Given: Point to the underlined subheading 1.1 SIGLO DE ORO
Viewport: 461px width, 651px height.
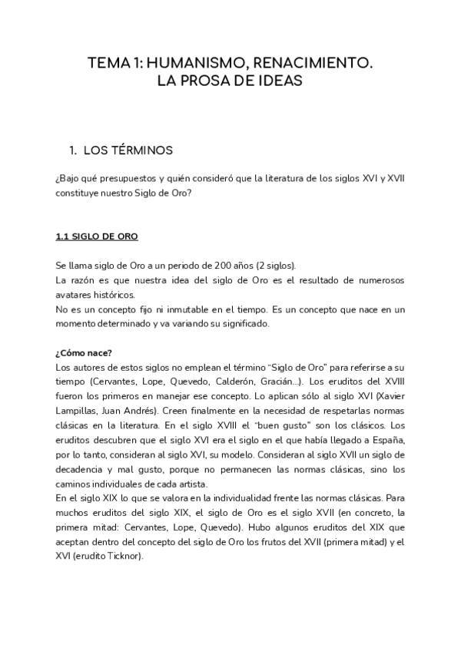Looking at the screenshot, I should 96,236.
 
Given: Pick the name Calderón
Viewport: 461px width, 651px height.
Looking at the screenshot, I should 237,382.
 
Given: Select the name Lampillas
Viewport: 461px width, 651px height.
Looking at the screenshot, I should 77,410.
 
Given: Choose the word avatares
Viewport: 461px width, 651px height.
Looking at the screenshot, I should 75,295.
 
